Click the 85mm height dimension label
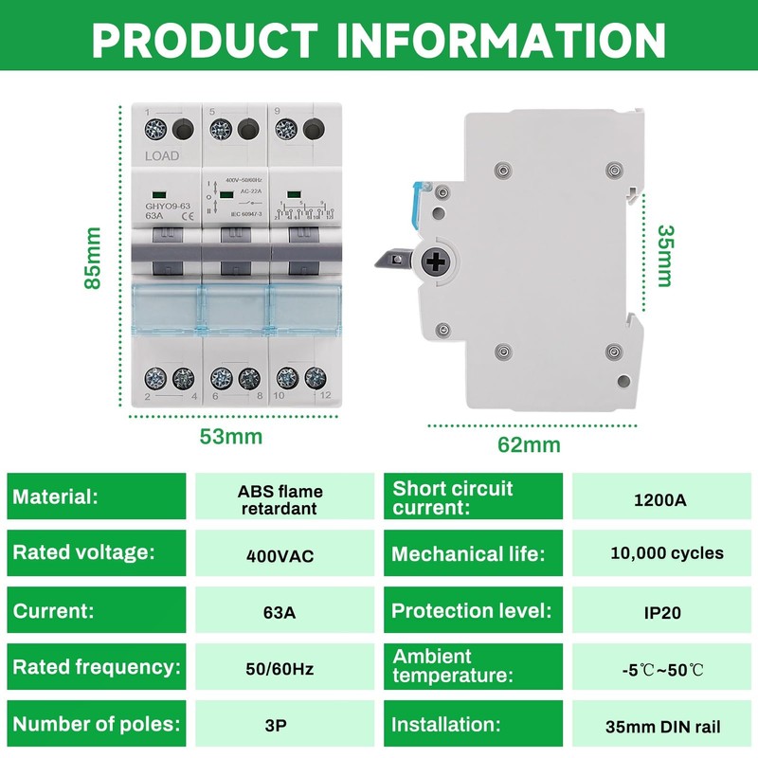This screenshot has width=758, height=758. click(x=92, y=259)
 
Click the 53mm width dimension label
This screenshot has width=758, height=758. click(x=230, y=437)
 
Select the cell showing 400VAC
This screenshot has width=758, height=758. click(x=280, y=555)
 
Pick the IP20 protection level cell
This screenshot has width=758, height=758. click(x=659, y=612)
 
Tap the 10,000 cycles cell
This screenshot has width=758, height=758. click(x=659, y=553)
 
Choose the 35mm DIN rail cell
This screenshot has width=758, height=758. click(x=659, y=728)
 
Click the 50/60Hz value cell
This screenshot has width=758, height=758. click(x=280, y=669)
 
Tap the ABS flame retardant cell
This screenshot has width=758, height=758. click(x=280, y=499)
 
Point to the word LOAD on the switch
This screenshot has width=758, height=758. click(x=162, y=155)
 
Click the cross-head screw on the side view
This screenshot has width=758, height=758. click(x=438, y=262)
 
